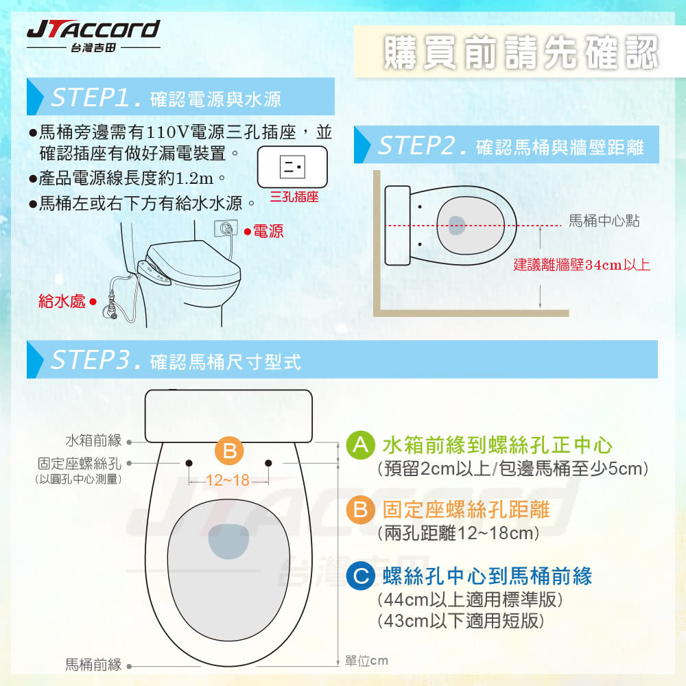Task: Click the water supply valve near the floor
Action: (x=110, y=312)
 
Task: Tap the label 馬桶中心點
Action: (x=604, y=221)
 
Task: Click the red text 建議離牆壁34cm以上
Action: (x=582, y=265)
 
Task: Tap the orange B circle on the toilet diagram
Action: (x=229, y=451)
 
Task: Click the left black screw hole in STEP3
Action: (x=190, y=463)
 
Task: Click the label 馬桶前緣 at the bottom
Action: (x=93, y=664)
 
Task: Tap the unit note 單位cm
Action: (x=366, y=661)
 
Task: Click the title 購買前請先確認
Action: (x=520, y=53)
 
